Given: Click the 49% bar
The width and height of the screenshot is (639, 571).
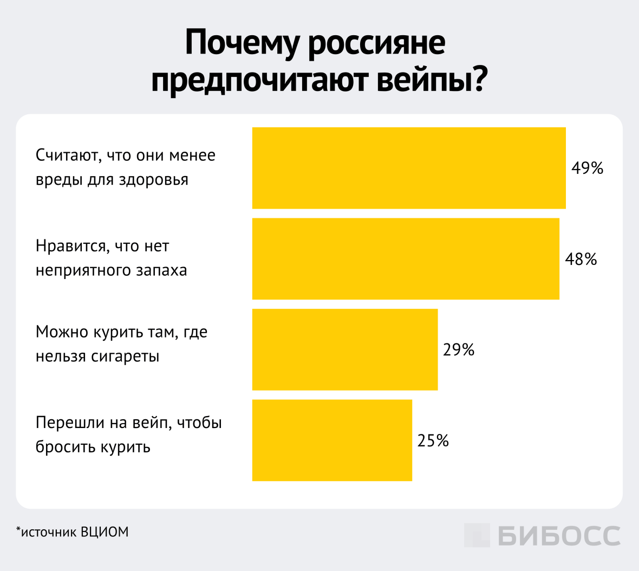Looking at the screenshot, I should click(x=409, y=168).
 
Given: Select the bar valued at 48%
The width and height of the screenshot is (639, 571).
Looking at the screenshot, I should click(x=406, y=259).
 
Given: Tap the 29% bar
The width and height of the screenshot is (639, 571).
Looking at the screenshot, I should click(x=345, y=349).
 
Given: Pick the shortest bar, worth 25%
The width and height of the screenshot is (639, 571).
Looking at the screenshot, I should click(x=332, y=440).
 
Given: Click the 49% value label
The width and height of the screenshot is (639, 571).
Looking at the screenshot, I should click(x=587, y=168).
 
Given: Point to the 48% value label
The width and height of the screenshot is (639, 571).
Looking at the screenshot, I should click(x=581, y=259).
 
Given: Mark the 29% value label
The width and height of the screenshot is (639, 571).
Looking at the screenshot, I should click(x=459, y=350).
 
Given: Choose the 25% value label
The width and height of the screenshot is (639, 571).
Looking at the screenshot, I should click(x=433, y=441).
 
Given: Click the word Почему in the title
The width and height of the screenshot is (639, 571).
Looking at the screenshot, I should click(x=242, y=43).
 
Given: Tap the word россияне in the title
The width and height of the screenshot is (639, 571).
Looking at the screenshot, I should click(x=377, y=43).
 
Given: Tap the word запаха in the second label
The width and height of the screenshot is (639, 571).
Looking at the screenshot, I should click(x=161, y=270).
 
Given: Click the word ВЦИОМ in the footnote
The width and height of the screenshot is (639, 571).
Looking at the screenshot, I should click(x=105, y=532).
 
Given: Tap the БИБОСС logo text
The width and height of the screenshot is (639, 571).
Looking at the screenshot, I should click(x=559, y=536).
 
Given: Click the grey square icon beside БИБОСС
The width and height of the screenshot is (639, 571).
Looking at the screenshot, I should click(x=477, y=535).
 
